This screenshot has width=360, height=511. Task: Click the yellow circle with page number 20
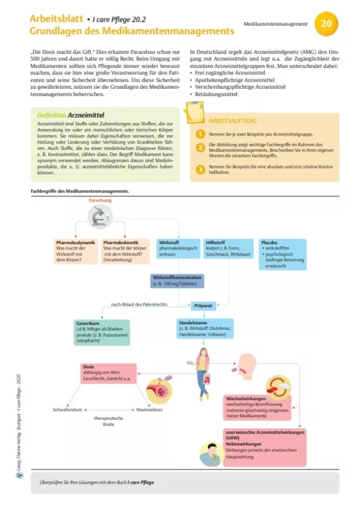point(326,24)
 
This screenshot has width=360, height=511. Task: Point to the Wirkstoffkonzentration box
point(177,281)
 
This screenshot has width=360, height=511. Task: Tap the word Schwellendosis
point(67,411)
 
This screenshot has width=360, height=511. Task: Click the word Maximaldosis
point(151,411)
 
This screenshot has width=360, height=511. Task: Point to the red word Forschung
point(100,200)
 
